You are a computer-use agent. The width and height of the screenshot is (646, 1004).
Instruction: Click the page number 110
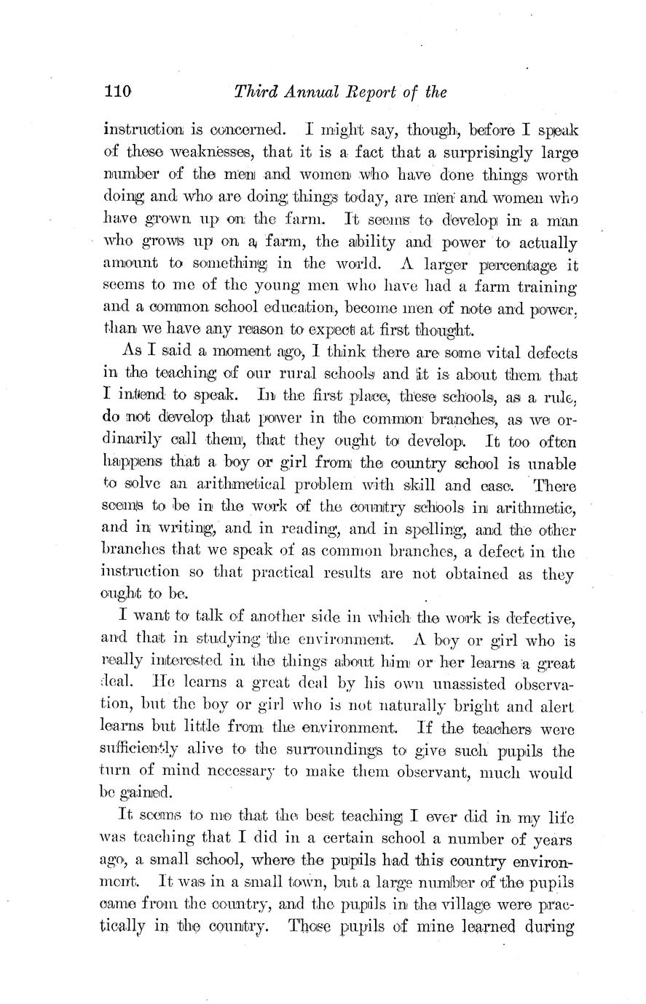[x=117, y=92]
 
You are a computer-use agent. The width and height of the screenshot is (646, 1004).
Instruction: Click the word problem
[x=352, y=485]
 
